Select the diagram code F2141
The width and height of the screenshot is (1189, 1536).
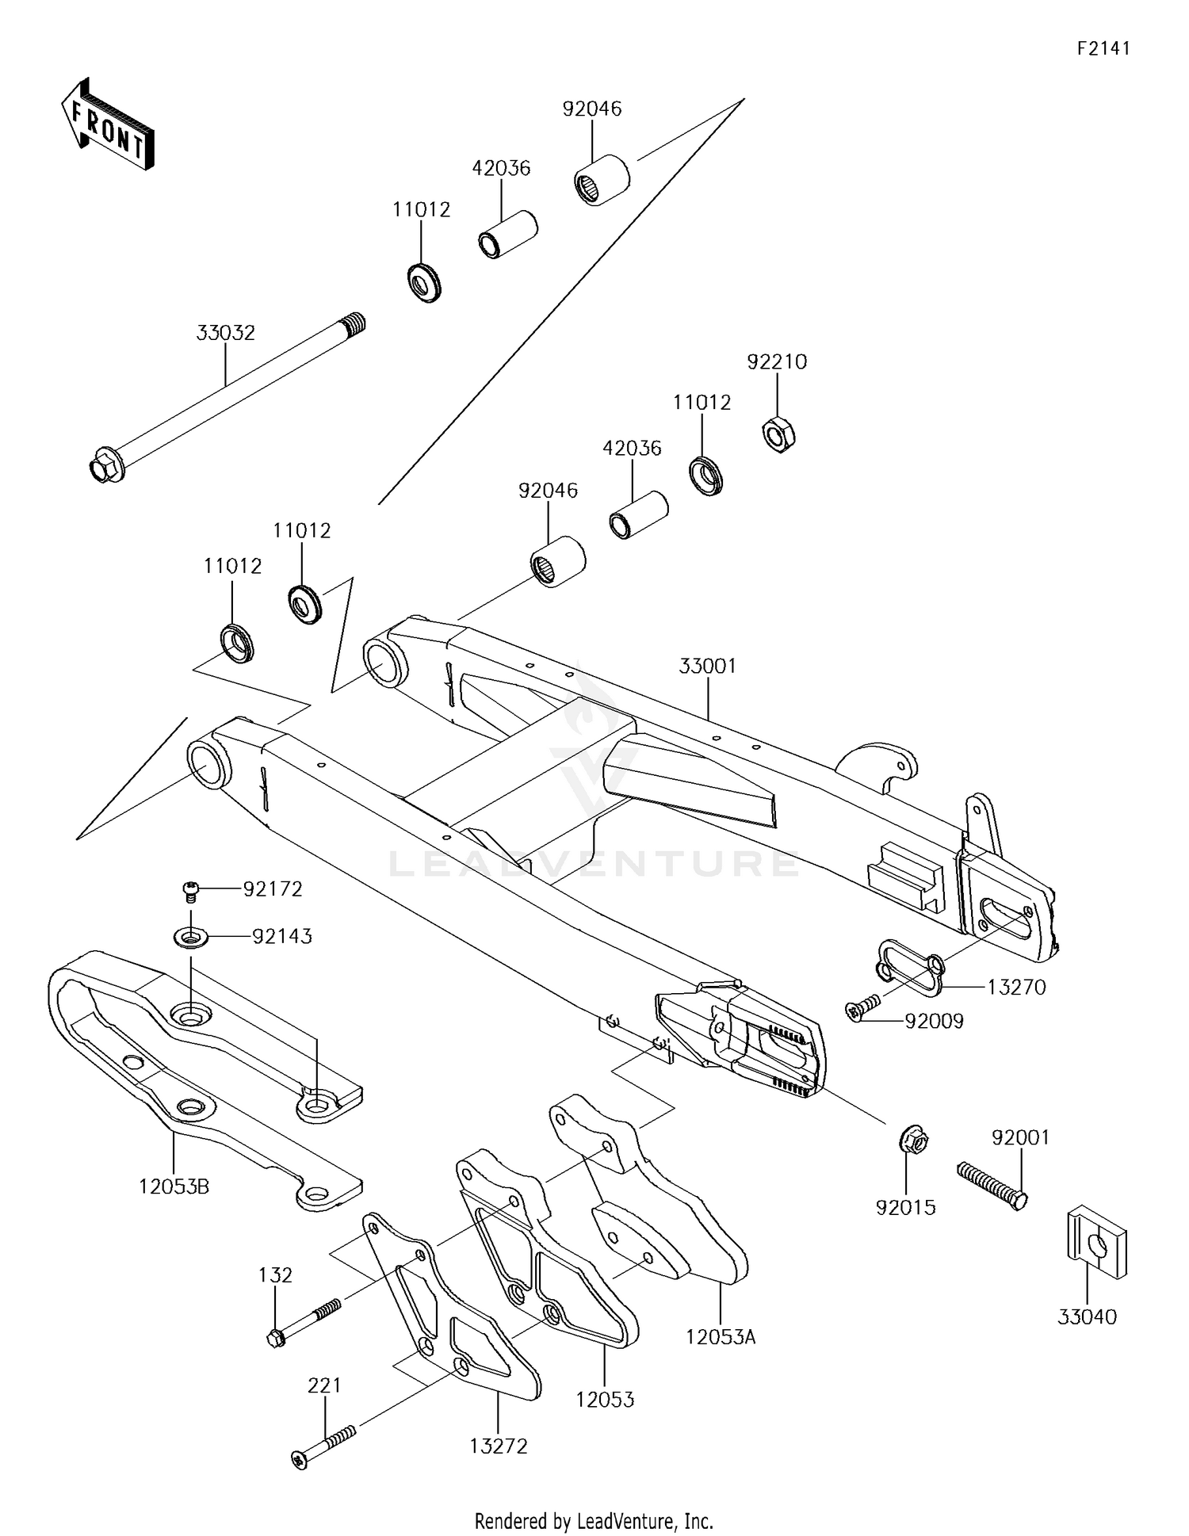(x=1103, y=48)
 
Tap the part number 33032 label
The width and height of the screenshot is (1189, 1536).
(x=226, y=333)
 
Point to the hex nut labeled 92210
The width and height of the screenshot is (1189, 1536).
(x=778, y=434)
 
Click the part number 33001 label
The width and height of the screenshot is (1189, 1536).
(x=707, y=667)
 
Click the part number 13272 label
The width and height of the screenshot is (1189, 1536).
(x=498, y=1446)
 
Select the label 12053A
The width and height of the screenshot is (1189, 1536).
(x=721, y=1337)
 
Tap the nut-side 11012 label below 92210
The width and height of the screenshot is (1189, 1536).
(x=702, y=403)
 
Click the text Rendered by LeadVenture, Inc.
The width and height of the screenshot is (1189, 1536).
(x=594, y=1521)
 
